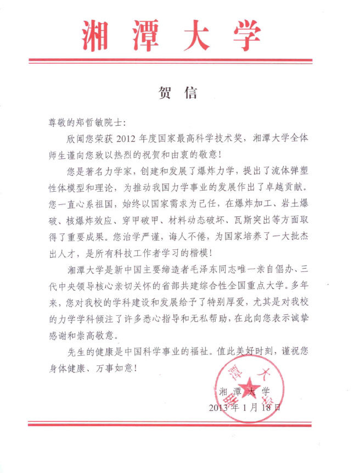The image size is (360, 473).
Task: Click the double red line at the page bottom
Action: (x=171, y=424)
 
